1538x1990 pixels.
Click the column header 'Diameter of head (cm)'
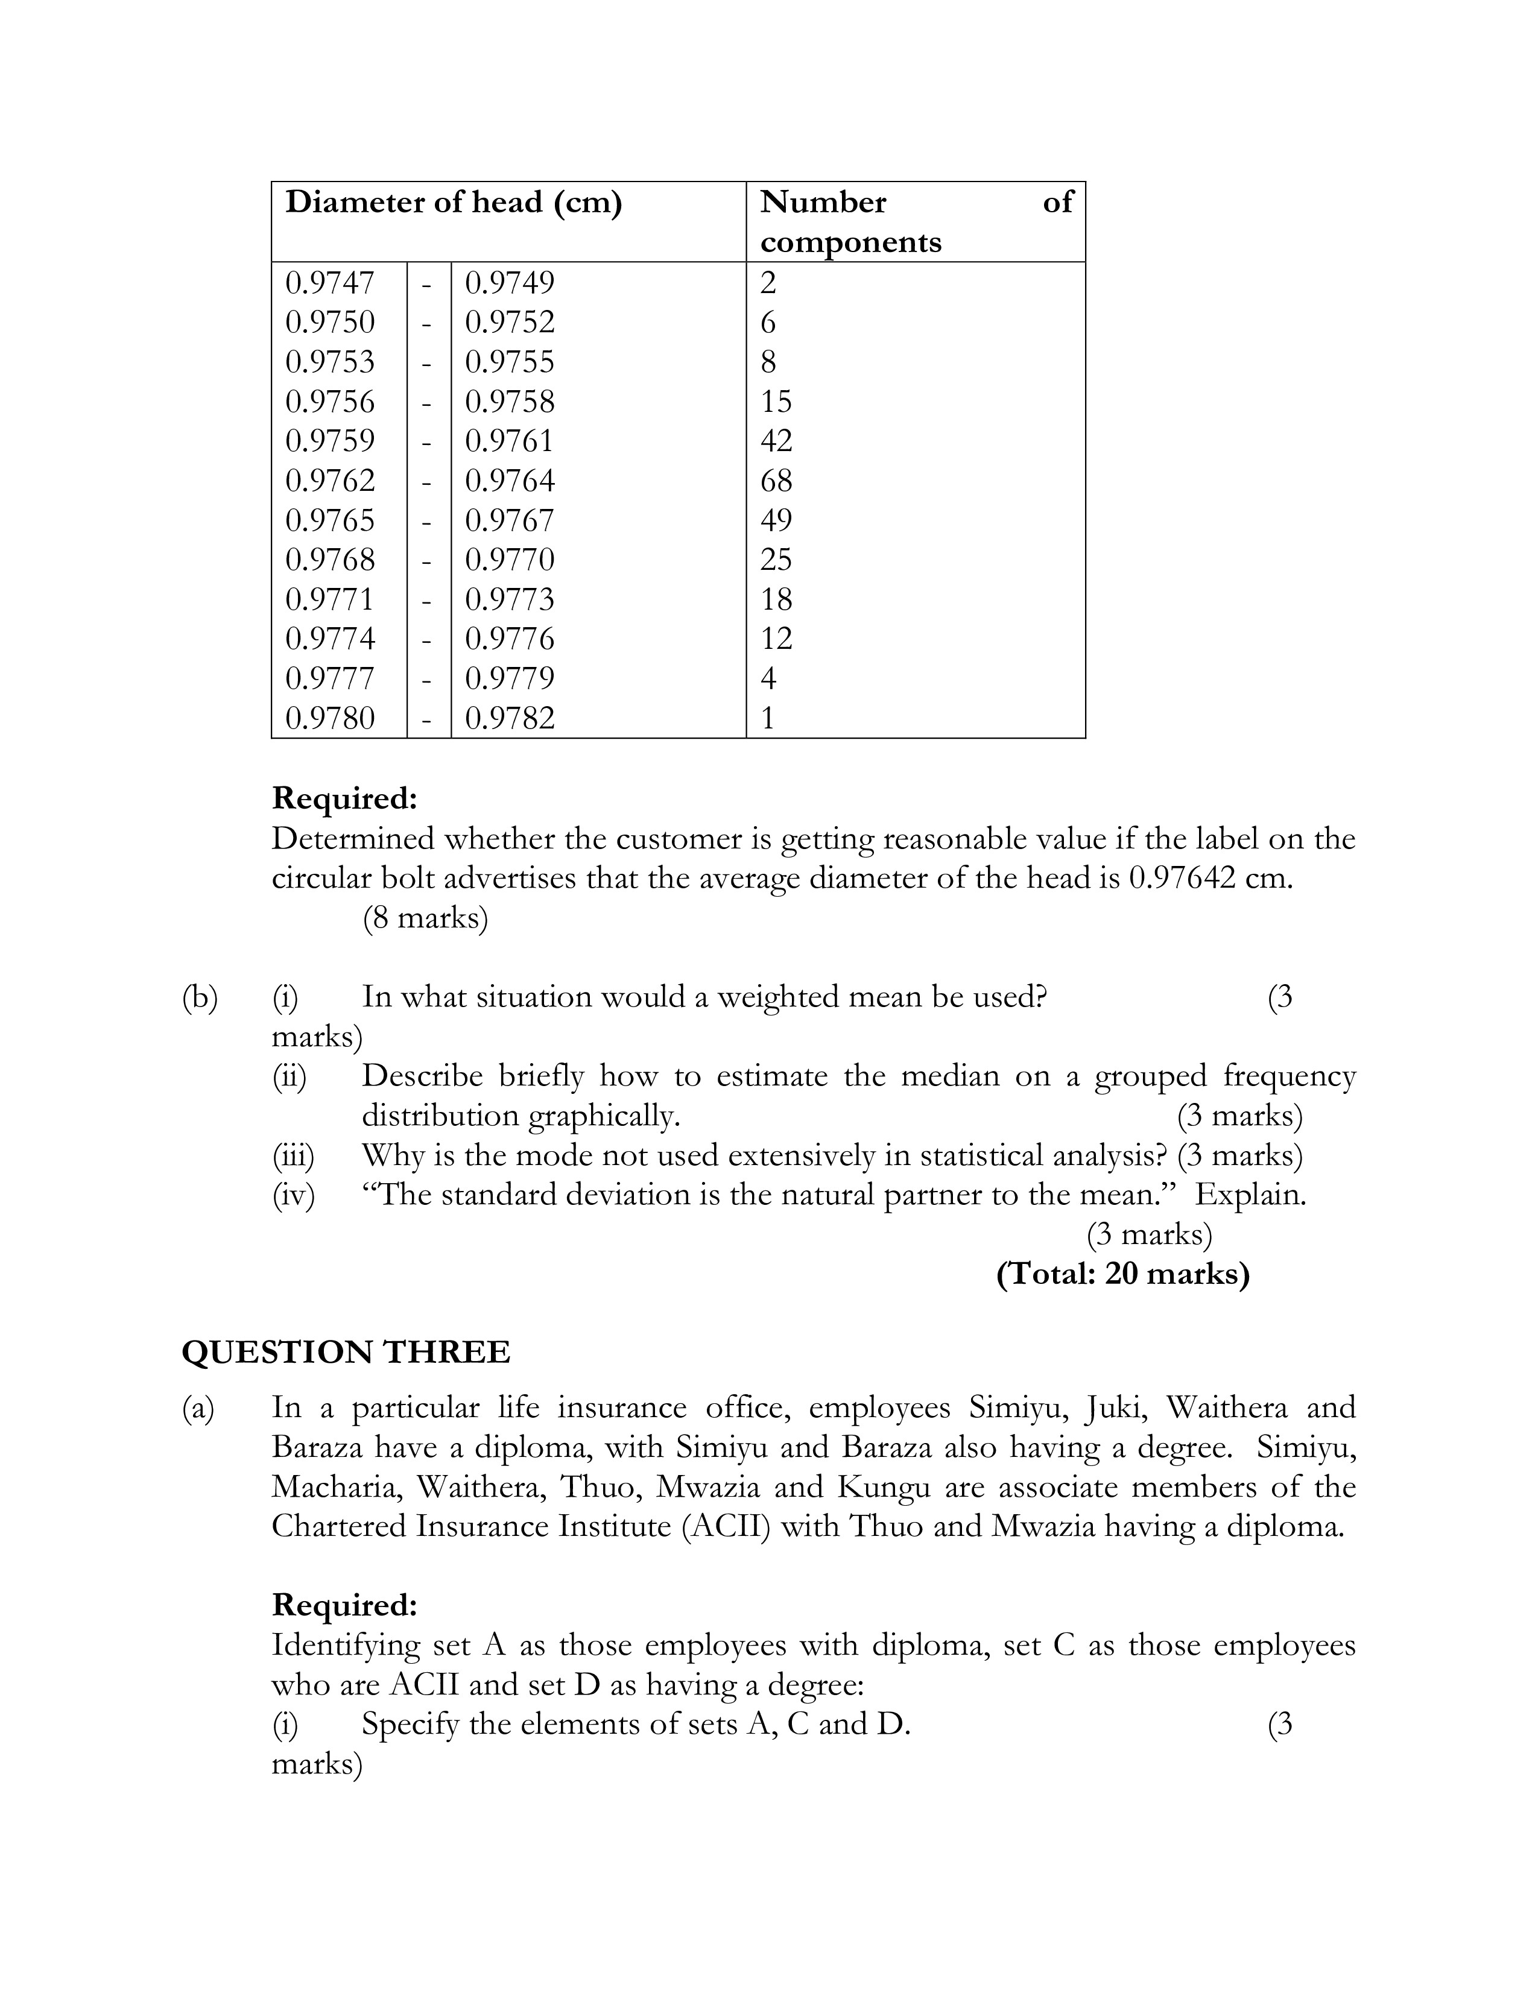453,202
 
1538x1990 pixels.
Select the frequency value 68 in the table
776,480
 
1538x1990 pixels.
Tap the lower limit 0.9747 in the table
330,282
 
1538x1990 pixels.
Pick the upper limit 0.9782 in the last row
509,718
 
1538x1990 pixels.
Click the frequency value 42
776,441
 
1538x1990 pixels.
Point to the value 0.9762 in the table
330,480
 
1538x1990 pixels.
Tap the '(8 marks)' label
425,918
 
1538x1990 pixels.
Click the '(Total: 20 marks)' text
1122,1273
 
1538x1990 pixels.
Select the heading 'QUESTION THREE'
346,1351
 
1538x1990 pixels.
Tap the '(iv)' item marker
293,1195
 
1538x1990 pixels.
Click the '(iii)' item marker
293,1155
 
